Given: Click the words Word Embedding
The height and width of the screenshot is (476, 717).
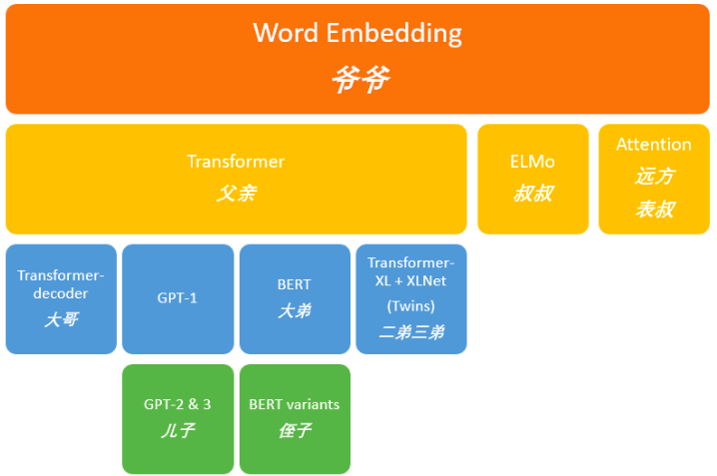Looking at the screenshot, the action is [x=358, y=33].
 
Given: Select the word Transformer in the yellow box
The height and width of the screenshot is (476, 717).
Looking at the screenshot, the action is [x=236, y=162].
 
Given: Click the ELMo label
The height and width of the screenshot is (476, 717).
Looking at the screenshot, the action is [x=532, y=162].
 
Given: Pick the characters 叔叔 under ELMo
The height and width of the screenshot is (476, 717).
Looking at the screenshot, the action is [x=532, y=194].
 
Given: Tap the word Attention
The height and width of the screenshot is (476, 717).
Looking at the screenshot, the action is [x=654, y=145].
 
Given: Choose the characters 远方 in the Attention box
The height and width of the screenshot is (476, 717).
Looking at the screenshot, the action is [x=654, y=177].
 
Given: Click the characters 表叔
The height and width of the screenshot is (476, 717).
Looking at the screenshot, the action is [x=654, y=210].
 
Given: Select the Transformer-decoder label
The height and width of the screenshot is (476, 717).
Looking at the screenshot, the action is [x=61, y=284].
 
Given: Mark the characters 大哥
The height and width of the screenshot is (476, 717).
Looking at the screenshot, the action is [x=61, y=319].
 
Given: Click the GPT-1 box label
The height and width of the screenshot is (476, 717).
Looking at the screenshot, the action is [x=177, y=297].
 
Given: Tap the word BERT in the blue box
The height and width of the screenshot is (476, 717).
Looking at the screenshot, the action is [x=295, y=284].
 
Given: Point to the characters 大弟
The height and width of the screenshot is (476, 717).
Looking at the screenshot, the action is [x=295, y=311].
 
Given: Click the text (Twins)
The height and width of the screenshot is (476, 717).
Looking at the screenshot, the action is [x=411, y=305].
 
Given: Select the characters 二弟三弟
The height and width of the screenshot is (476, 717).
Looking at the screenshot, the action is [x=411, y=332].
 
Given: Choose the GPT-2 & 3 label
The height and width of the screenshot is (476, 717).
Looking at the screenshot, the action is [x=178, y=404].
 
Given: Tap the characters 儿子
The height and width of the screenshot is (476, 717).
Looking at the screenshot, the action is [x=178, y=431].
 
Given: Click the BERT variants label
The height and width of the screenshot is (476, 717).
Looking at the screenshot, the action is [x=295, y=404].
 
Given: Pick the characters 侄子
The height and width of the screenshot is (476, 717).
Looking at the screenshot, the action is [x=295, y=431].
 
